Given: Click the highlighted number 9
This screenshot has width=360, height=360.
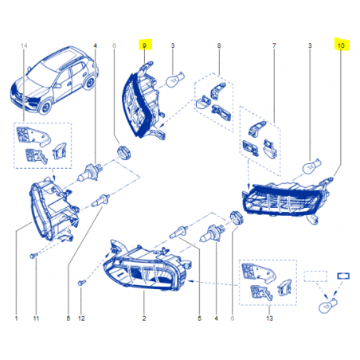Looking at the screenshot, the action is click(145, 45).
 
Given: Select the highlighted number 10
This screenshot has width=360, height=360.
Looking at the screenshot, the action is click(341, 45).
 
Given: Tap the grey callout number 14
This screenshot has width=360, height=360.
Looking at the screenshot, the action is click(24, 45).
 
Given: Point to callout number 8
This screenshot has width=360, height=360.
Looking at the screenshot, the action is click(219, 45).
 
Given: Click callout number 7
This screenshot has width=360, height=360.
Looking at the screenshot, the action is click(274, 45).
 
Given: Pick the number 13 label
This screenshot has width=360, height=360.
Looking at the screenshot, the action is click(269, 318).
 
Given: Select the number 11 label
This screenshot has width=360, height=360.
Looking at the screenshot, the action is click(36, 318).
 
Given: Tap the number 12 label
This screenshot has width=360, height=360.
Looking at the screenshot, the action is click(81, 318).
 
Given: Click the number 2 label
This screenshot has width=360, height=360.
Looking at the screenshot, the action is click(144, 318).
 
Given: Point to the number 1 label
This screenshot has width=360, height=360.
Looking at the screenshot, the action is click(17, 318).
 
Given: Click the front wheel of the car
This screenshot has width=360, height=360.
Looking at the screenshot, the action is click(46, 107).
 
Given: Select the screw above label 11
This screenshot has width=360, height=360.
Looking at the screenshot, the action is click(33, 256).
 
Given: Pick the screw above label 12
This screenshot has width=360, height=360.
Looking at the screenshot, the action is click(82, 283).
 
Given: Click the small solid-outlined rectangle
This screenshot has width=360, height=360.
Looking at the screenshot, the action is click(343, 276).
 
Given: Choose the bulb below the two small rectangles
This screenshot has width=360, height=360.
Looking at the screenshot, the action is click(328, 305).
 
